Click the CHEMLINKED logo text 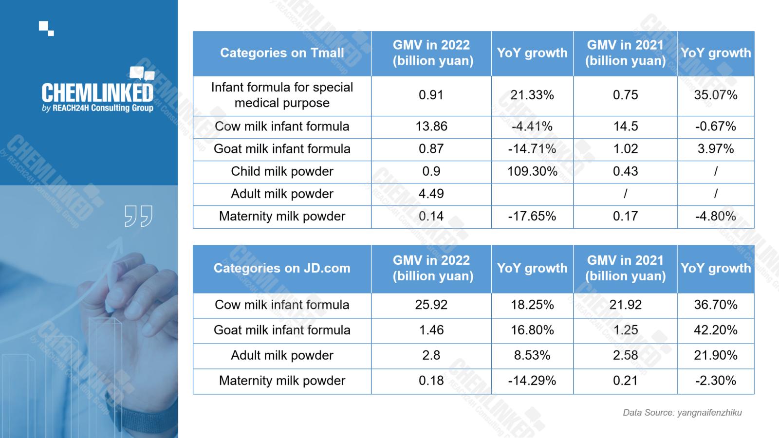97,92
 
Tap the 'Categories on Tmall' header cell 282,53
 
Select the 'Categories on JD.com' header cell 282,268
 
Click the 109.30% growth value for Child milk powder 532,171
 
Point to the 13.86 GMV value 431,126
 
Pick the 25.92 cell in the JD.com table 431,305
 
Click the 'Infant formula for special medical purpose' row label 282,95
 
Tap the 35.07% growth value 716,95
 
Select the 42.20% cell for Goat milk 716,330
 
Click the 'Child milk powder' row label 282,171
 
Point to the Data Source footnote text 682,413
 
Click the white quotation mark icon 138,216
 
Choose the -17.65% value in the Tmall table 532,216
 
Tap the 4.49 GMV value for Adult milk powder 431,194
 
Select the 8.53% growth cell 532,355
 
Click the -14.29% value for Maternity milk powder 532,381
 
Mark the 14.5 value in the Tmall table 625,126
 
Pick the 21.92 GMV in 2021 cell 625,305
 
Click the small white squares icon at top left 46,29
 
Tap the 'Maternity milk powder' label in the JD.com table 282,381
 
